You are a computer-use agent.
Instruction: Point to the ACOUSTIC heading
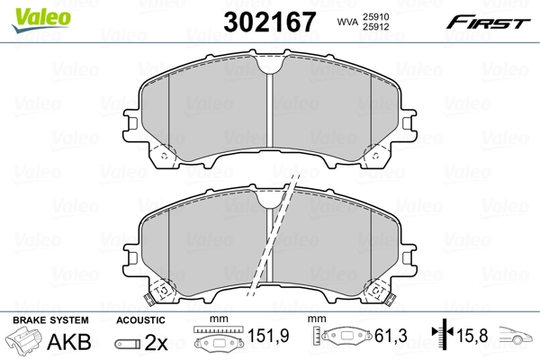click(140, 320)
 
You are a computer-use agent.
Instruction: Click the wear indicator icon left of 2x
click(127, 343)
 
